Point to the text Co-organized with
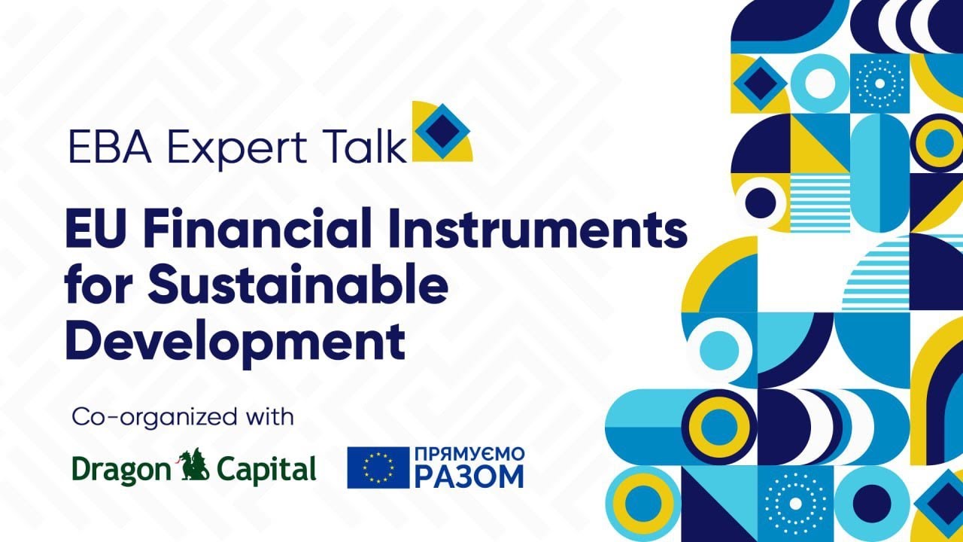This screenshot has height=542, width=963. click(x=183, y=417)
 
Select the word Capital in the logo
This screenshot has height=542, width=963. click(x=266, y=470)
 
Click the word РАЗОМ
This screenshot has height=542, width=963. click(x=469, y=477)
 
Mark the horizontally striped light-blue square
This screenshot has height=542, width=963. click(x=820, y=202)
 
